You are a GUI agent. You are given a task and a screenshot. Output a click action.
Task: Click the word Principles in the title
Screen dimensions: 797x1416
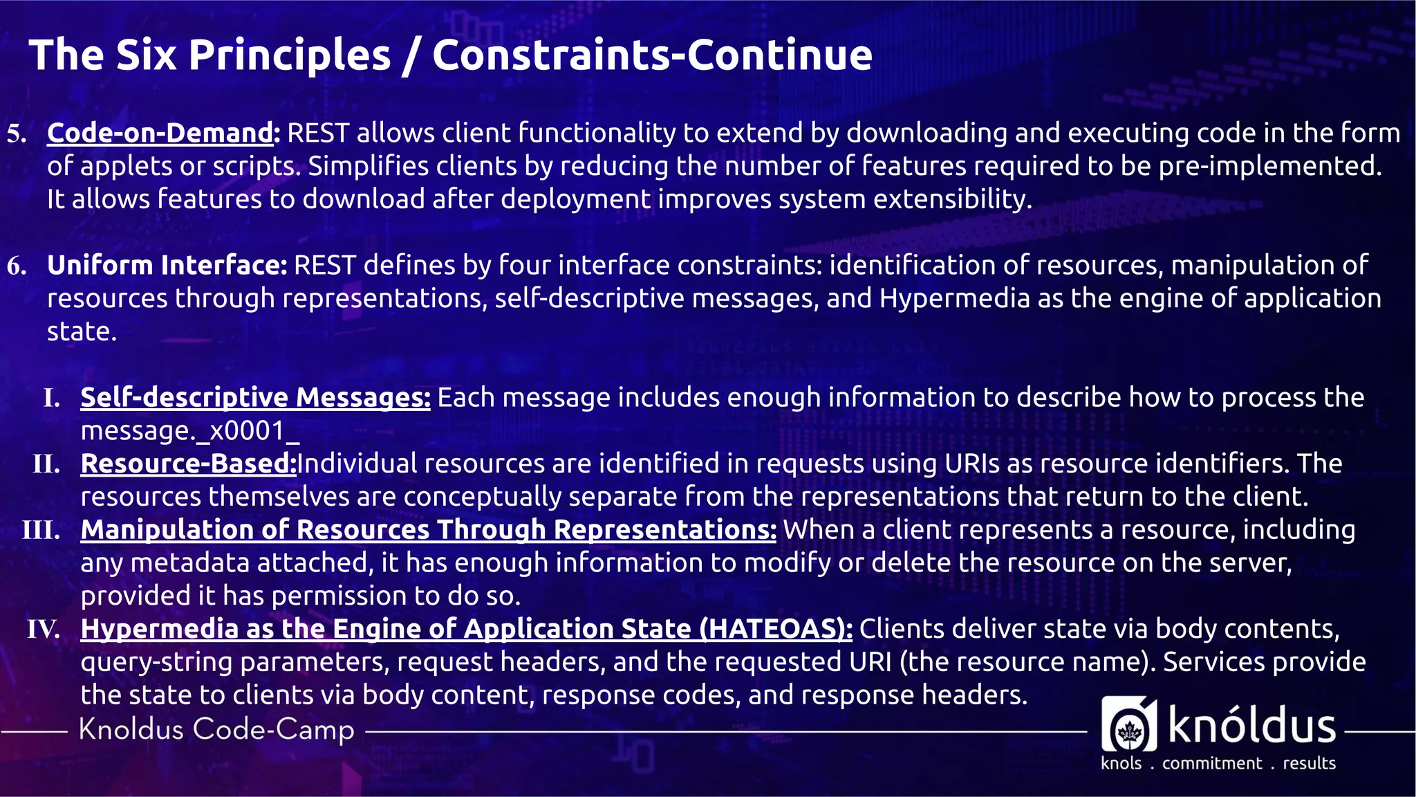289,55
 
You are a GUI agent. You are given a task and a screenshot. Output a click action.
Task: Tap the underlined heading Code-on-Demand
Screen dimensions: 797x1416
160,133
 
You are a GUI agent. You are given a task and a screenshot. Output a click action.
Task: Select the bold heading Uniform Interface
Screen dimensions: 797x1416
167,265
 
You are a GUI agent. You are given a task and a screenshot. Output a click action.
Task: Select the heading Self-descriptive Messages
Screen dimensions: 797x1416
255,398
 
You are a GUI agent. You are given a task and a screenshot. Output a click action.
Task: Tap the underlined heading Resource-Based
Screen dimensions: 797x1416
188,464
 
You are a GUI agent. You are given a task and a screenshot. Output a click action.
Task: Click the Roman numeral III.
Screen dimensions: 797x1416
41,531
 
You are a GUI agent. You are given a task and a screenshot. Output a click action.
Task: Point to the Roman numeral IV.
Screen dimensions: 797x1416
43,630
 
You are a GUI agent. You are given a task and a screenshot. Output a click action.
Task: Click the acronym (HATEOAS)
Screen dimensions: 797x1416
776,629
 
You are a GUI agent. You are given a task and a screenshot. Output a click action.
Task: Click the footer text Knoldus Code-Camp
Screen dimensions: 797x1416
216,730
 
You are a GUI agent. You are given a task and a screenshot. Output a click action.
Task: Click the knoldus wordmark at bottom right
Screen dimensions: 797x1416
1251,726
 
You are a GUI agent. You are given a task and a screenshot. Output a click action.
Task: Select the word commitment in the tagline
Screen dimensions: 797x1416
1211,763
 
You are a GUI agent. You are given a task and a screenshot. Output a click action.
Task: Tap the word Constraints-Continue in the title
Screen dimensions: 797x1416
652,55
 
